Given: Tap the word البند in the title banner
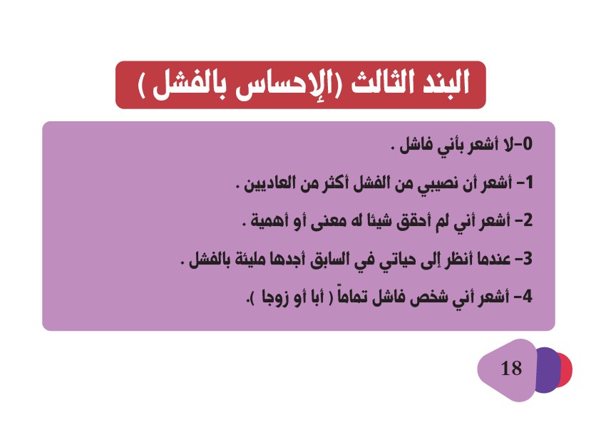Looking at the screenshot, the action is [x=444, y=83].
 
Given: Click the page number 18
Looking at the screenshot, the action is [x=511, y=368].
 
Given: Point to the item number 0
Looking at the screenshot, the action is [x=528, y=144].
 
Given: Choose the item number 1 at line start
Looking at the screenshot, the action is [x=528, y=183].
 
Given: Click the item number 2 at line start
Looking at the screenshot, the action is [x=528, y=221].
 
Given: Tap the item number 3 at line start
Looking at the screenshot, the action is [x=528, y=259].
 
